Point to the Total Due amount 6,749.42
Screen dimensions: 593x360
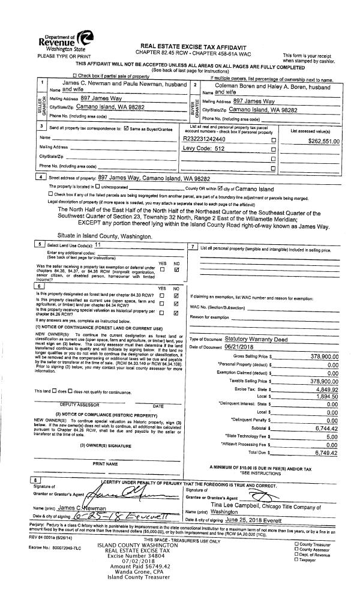(321, 469)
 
